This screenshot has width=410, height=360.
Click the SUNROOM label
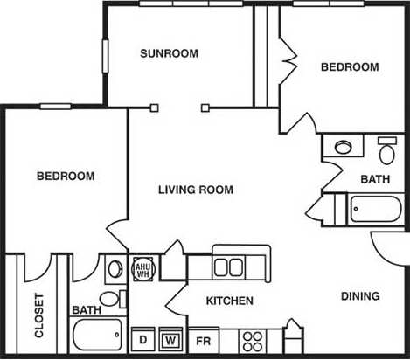[x=170, y=53]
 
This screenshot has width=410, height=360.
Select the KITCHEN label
[x=229, y=301]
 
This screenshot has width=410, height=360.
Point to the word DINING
[x=360, y=296]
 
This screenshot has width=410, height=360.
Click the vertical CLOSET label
[x=39, y=315]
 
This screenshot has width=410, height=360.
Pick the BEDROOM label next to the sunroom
[x=350, y=67]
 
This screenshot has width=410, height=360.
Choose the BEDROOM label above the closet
[x=66, y=177]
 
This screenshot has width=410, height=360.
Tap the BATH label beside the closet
[x=86, y=310]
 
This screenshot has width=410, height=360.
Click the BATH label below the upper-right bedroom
[x=376, y=179]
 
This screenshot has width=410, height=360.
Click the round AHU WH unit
[x=142, y=269]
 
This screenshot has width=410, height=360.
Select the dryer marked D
[x=142, y=339]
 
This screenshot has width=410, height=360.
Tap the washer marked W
[x=171, y=339]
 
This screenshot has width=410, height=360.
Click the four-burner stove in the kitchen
[x=254, y=338]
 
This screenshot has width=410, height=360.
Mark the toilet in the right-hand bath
[x=386, y=151]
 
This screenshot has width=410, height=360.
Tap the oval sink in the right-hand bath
[x=344, y=146]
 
